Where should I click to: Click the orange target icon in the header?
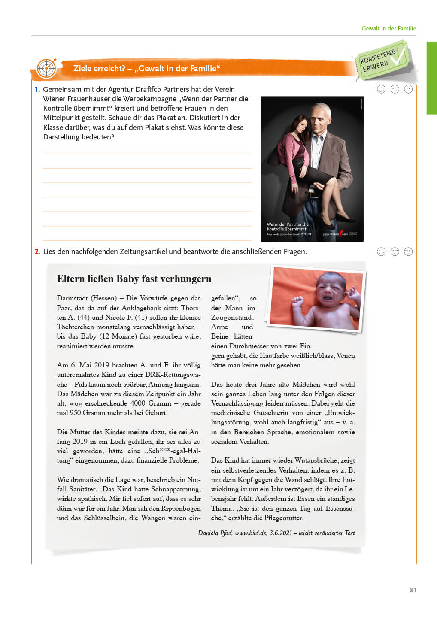pyautogui.click(x=46, y=68)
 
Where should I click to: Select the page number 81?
pyautogui.click(x=413, y=590)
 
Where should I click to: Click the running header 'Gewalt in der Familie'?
pyautogui.click(x=388, y=28)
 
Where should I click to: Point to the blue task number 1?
pyautogui.click(x=37, y=89)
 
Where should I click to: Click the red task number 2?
pyautogui.click(x=37, y=251)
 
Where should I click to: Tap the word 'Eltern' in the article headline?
pyautogui.click(x=70, y=279)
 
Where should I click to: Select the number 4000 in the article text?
pyautogui.click(x=138, y=403)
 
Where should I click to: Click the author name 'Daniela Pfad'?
pyautogui.click(x=215, y=533)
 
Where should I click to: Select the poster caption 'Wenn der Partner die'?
pyautogui.click(x=287, y=224)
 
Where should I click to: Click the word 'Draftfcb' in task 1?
pyautogui.click(x=150, y=89)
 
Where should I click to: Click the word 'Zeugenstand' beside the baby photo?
pyautogui.click(x=232, y=318)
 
